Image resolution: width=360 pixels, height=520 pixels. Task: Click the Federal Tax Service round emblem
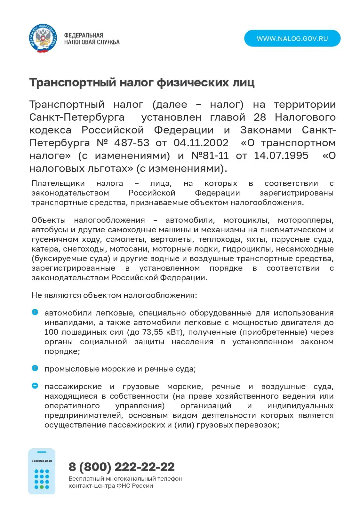click(43, 39)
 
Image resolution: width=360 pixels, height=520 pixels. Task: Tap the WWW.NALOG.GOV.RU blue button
click(292, 39)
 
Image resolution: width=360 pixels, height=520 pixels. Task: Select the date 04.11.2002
click(201, 143)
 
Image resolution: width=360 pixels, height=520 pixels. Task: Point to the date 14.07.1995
click(281, 156)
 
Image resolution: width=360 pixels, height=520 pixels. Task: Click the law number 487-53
click(132, 143)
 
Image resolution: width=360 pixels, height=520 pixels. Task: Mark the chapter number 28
click(260, 117)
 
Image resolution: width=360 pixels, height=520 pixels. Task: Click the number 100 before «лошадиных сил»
click(51, 332)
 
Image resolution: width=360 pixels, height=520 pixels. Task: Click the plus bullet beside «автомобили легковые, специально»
click(35, 312)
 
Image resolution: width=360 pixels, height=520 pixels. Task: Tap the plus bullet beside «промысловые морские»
click(35, 368)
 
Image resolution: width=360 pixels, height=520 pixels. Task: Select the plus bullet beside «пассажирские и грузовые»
click(35, 386)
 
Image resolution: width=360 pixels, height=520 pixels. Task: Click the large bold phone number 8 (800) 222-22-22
click(122, 467)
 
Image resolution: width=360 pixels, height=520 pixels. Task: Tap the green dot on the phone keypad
click(42, 487)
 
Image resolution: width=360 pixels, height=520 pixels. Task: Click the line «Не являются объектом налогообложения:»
click(114, 295)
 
